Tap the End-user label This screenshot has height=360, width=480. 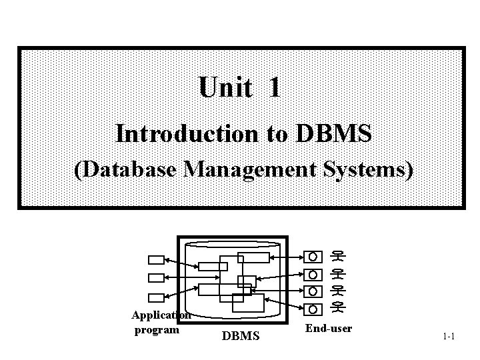328,329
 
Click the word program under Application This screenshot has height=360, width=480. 157,329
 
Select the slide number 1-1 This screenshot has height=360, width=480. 448,336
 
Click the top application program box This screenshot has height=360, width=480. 155,259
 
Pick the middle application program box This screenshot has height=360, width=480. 155,277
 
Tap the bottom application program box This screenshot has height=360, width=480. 155,297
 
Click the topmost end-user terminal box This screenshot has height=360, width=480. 312,256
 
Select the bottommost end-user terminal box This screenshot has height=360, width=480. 312,309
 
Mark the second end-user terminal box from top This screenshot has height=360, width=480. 312,274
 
